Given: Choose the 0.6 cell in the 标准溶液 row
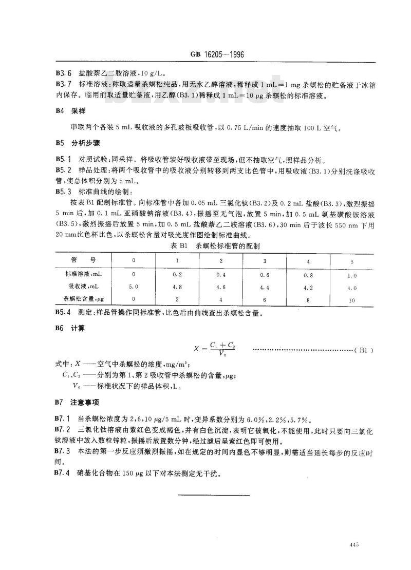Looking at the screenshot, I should (265, 275).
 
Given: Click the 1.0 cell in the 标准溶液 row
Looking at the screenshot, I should (351, 275).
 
